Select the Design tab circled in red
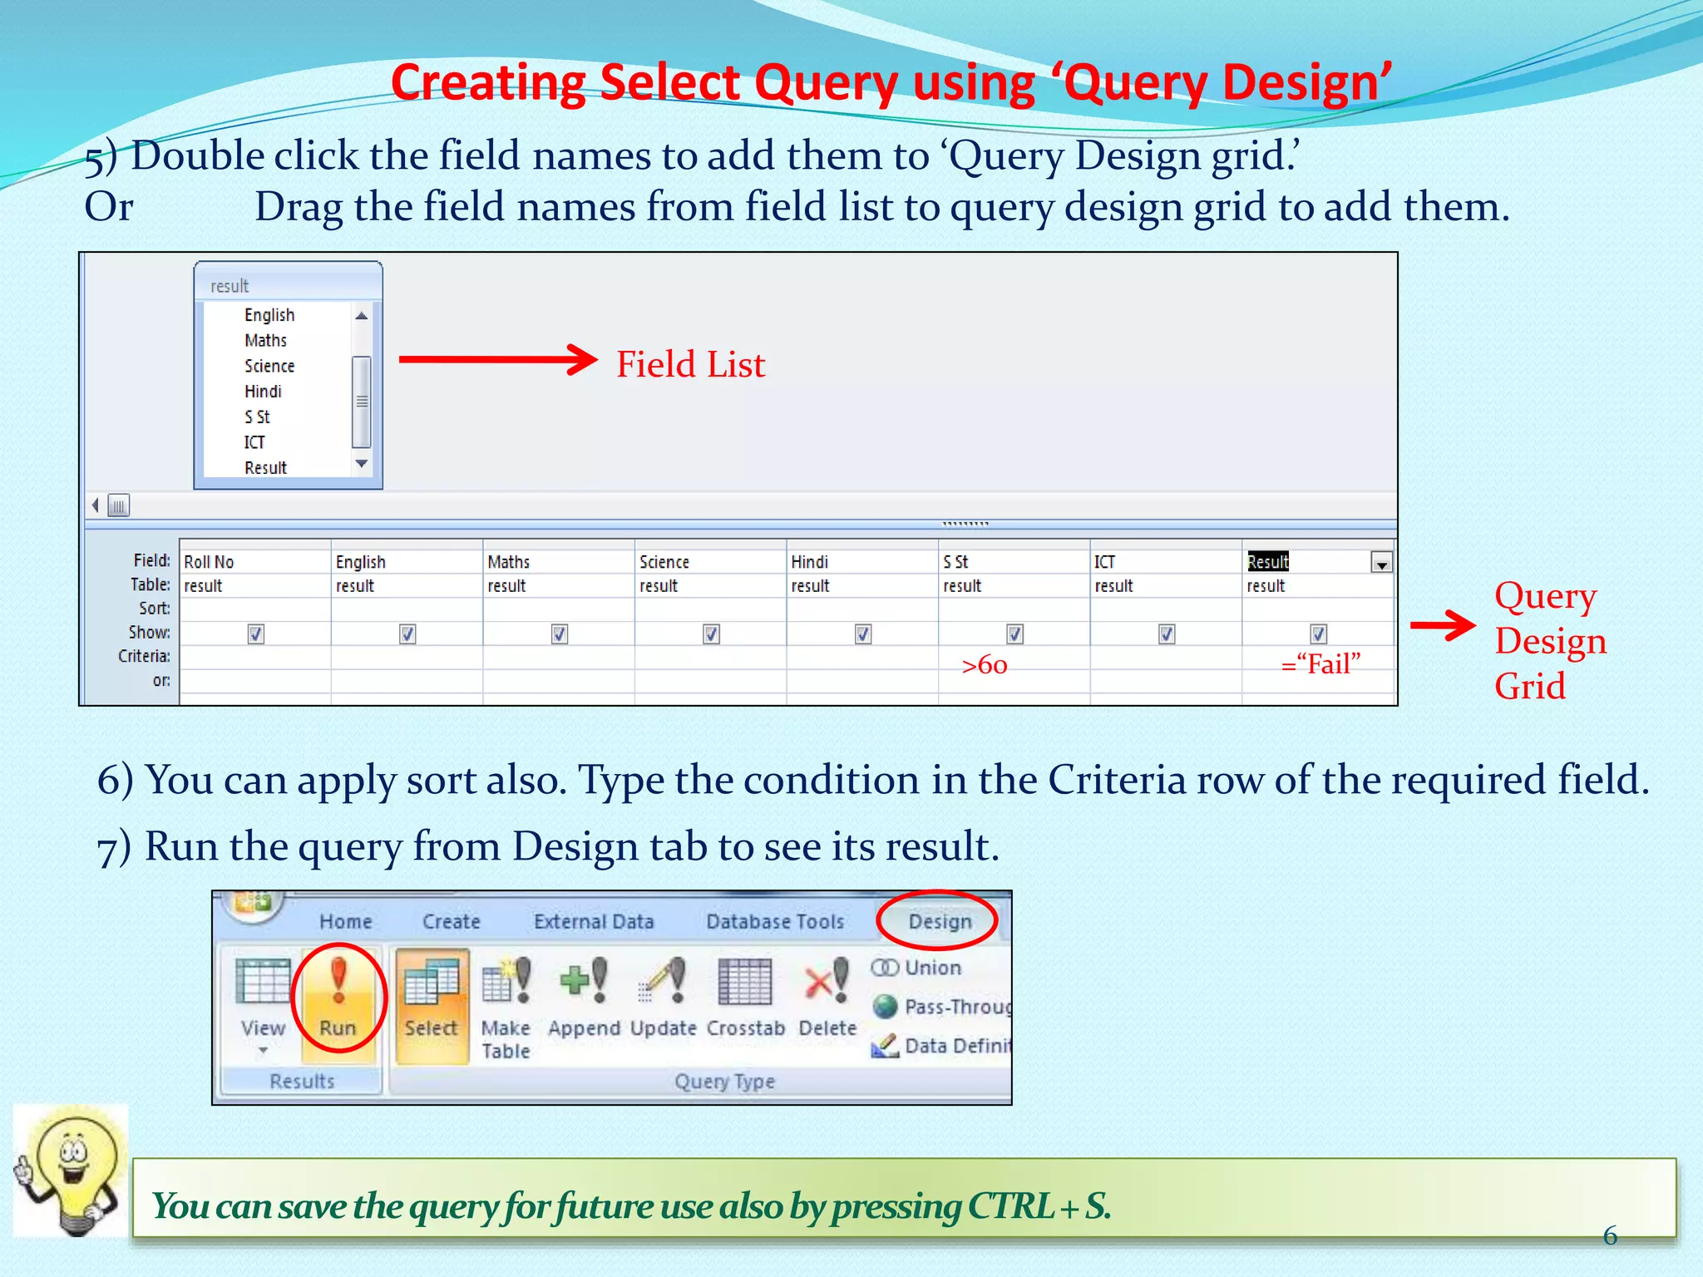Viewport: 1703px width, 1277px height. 940,921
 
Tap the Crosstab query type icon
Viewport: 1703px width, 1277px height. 745,998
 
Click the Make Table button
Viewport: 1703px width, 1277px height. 506,1006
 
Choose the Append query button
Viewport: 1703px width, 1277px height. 584,998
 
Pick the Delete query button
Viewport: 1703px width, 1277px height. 827,998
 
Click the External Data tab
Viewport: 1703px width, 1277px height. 594,921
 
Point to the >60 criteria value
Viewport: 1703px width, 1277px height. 985,665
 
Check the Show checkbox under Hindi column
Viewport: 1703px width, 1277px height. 863,634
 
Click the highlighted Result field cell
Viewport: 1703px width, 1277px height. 1268,562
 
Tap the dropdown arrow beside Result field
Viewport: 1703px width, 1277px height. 1381,564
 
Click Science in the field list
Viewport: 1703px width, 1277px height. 269,366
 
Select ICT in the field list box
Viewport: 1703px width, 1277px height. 254,442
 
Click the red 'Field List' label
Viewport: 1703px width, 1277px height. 690,364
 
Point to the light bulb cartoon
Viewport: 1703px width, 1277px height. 71,1171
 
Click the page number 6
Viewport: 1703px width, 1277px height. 1610,1235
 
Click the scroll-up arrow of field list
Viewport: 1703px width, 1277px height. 362,316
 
